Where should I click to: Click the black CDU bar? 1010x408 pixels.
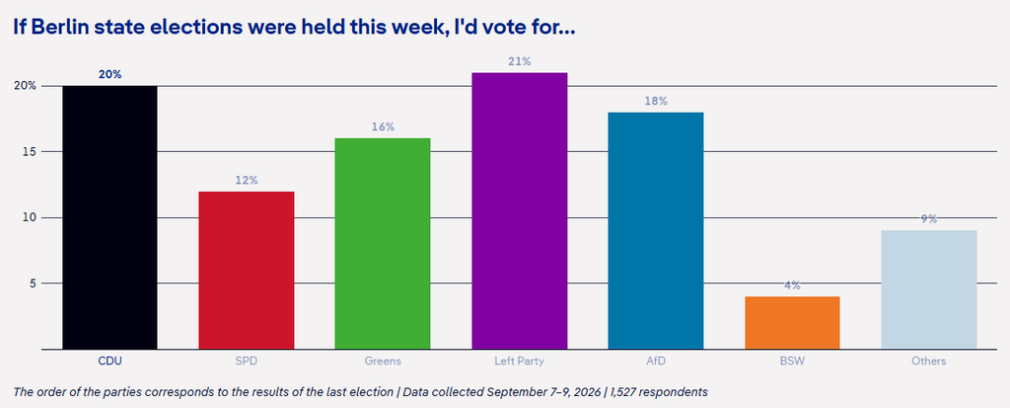tap(110, 217)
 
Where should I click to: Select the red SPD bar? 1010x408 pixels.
tap(247, 271)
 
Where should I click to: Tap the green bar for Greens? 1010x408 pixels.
tap(383, 244)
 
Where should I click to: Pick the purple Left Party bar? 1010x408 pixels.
tap(520, 211)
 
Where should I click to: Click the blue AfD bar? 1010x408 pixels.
tap(656, 231)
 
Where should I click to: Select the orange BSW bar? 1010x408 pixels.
tap(792, 323)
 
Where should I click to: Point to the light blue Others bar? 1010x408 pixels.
tap(929, 289)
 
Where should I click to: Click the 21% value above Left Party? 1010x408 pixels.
tap(519, 62)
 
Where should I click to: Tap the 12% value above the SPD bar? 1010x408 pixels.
tap(246, 181)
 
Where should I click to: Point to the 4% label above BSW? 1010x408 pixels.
tap(792, 286)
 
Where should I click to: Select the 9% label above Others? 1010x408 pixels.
tap(929, 219)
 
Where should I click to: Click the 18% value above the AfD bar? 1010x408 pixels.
tap(656, 102)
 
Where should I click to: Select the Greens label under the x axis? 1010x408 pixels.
tap(383, 362)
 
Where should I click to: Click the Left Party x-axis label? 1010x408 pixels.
tap(519, 362)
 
